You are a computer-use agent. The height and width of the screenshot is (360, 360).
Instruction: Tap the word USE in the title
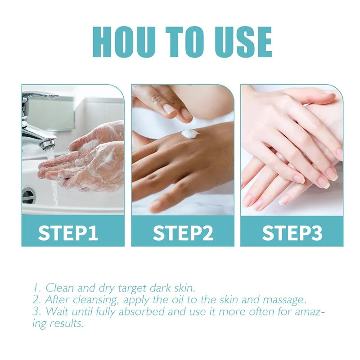click(x=240, y=42)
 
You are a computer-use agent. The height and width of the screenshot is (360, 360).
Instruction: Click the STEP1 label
click(x=68, y=233)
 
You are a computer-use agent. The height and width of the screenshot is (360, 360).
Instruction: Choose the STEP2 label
click(x=182, y=233)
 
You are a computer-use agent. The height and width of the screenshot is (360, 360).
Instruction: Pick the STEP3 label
click(x=292, y=233)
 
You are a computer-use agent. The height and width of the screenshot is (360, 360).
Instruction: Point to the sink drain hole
click(x=28, y=195)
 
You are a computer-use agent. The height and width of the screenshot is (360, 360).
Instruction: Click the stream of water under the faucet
click(x=54, y=180)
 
